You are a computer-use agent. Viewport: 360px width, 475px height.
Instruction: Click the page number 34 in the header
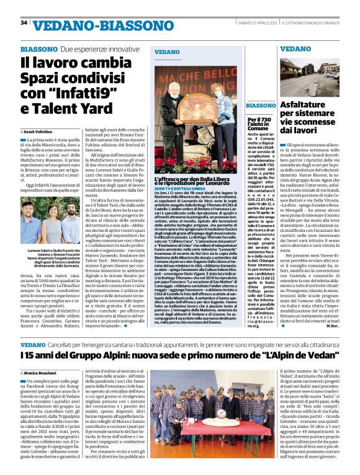tap(24, 23)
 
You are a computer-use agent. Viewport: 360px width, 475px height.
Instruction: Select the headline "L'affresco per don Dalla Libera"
tap(195, 180)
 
